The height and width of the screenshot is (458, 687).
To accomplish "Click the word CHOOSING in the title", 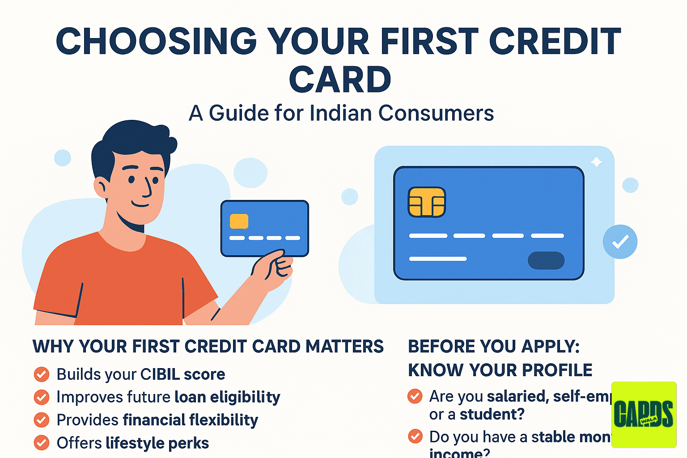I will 156,41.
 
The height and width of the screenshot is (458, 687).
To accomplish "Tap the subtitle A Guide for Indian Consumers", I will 341,113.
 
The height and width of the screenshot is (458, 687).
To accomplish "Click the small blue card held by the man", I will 265,228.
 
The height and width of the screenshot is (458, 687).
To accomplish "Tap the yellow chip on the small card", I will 239,221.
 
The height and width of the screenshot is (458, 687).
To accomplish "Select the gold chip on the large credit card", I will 427,202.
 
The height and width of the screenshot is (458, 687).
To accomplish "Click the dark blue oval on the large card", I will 546,260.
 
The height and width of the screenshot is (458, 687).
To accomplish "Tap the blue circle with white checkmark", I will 620,242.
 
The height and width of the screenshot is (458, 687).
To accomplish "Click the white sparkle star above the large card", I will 596,162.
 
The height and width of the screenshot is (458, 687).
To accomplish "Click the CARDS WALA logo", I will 644,415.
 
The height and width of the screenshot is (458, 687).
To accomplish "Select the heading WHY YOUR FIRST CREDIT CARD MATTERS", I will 208,347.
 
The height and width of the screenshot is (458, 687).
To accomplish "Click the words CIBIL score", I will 182,374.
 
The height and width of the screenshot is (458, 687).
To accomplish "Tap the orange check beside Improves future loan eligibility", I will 42,397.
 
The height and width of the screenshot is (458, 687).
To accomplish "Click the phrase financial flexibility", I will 191,420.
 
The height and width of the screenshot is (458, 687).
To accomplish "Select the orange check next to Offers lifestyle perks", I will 42,443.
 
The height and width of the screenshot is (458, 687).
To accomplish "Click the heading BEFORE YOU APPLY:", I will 494,347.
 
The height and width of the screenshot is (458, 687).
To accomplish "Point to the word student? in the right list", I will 492,415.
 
